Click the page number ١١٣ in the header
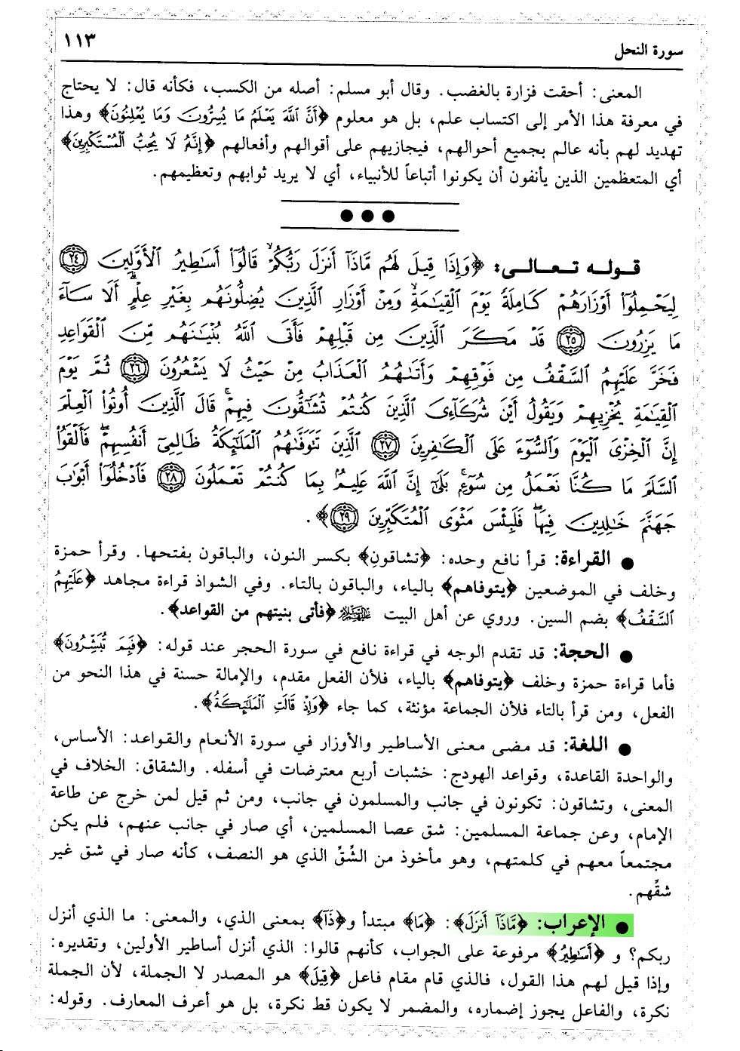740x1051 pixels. coord(81,40)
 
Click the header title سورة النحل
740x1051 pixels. coord(647,51)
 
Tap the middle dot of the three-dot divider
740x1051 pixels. coord(368,217)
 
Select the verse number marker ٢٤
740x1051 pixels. coord(72,260)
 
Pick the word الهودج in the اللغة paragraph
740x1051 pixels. coord(469,773)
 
